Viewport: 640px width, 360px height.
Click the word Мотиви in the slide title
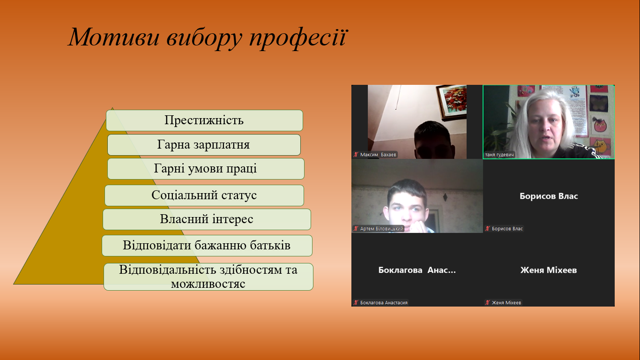113,37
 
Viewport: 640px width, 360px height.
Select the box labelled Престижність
204,120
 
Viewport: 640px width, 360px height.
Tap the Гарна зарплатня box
204,145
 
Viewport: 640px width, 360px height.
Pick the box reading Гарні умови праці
206,169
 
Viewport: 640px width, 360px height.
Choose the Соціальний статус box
204,195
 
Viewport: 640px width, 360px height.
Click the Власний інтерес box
207,219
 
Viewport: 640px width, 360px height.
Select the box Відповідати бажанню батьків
207,246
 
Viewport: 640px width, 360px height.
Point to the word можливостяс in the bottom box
208,284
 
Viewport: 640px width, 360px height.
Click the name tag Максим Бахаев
375,155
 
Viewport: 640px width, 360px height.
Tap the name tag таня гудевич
499,155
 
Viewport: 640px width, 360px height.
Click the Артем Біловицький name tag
379,228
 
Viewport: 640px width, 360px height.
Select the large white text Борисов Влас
549,196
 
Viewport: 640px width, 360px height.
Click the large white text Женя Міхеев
549,270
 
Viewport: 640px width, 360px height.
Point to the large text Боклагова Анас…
417,270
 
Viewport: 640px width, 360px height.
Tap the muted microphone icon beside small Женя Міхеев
487,302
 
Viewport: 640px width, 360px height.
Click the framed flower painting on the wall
452,102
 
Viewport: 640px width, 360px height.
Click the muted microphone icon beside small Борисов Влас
487,228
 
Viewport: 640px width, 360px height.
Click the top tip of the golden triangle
112,108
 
